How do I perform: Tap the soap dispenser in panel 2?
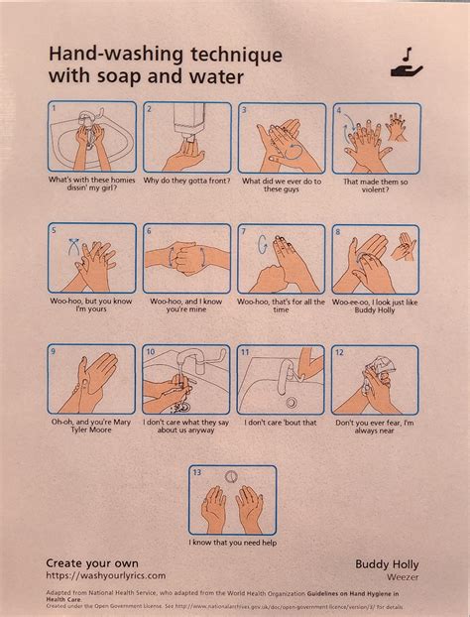[187, 121]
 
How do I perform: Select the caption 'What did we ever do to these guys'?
[281, 185]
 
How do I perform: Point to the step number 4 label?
[339, 109]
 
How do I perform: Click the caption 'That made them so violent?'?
[376, 185]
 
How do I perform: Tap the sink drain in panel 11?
[291, 402]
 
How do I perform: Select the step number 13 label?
[197, 472]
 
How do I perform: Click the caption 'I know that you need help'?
[233, 543]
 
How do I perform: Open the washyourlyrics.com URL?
[106, 575]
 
